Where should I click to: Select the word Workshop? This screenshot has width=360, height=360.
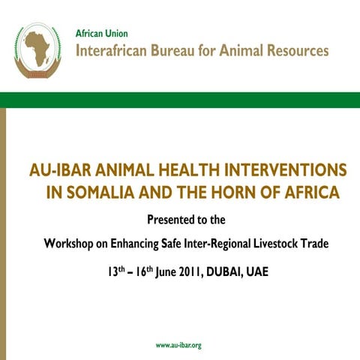coord(70,244)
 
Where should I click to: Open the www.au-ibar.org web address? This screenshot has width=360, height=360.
coord(178,345)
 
